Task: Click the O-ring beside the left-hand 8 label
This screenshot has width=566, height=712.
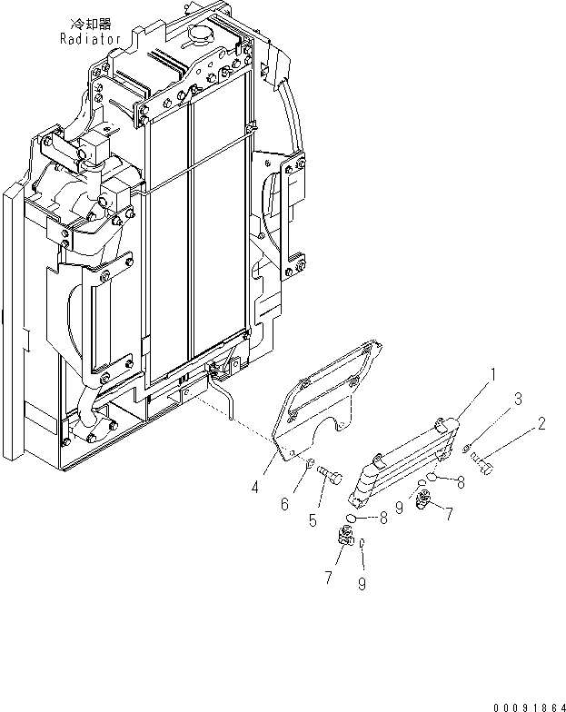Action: click(361, 519)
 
